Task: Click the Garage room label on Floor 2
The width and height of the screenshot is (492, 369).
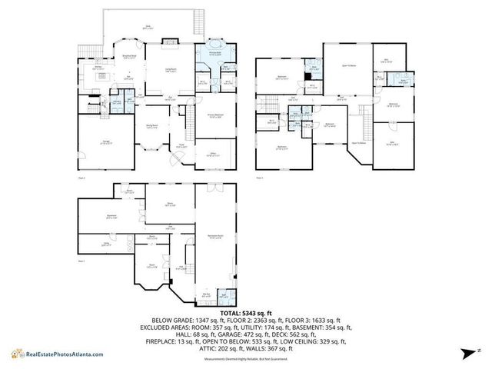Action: (104, 142)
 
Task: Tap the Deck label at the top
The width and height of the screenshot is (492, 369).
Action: (148, 28)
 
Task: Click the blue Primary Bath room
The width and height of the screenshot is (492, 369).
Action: (212, 55)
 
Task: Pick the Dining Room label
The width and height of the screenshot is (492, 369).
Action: (152, 128)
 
